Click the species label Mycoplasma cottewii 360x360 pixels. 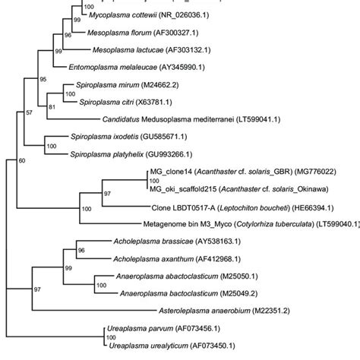point(123,15)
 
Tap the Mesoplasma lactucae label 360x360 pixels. point(128,50)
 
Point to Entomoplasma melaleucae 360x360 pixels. point(113,68)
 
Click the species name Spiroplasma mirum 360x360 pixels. point(108,85)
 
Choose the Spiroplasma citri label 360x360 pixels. point(106,103)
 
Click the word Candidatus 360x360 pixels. point(121,119)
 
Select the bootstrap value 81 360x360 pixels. point(52,107)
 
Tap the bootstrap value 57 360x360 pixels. point(30,112)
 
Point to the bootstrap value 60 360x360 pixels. point(22,161)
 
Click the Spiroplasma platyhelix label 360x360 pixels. point(107,154)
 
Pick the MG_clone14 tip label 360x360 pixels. point(171,172)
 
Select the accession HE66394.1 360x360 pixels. point(313,208)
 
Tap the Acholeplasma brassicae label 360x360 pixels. point(153,242)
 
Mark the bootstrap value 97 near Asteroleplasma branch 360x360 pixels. point(37,289)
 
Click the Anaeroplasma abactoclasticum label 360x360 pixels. point(167,276)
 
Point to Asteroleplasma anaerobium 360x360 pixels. point(204,311)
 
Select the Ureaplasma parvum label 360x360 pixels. point(141,329)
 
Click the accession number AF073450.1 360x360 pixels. point(213,346)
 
